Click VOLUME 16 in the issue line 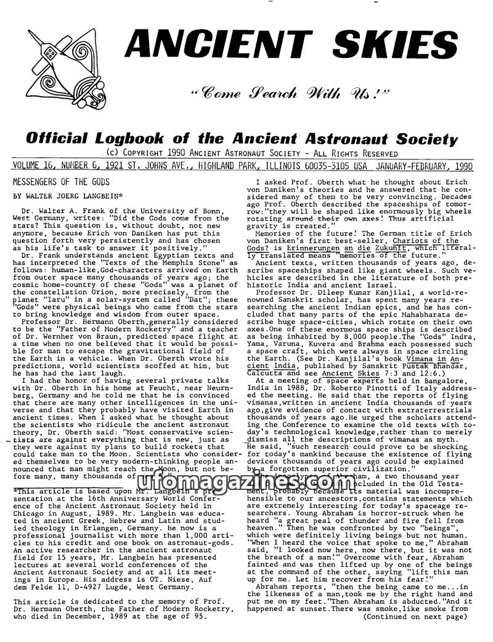click(x=36, y=166)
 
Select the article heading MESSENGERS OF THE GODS click(x=61, y=182)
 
